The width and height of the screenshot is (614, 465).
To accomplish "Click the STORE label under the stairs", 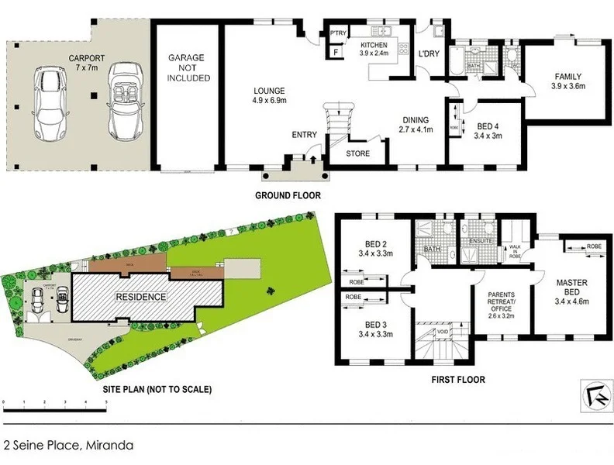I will (357, 153).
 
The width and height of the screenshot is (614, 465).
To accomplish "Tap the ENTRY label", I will (305, 135).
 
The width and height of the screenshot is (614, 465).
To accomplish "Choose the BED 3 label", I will (374, 329).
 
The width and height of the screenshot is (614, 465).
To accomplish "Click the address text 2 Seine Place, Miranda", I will (69, 446).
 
